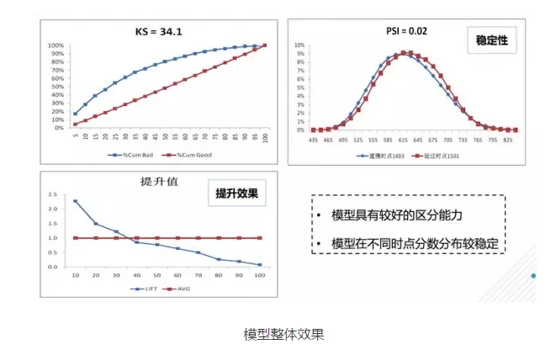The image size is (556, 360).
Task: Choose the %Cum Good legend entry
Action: click(192, 155)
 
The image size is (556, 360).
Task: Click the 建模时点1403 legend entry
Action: click(383, 156)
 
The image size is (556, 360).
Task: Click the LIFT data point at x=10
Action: click(75, 201)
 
